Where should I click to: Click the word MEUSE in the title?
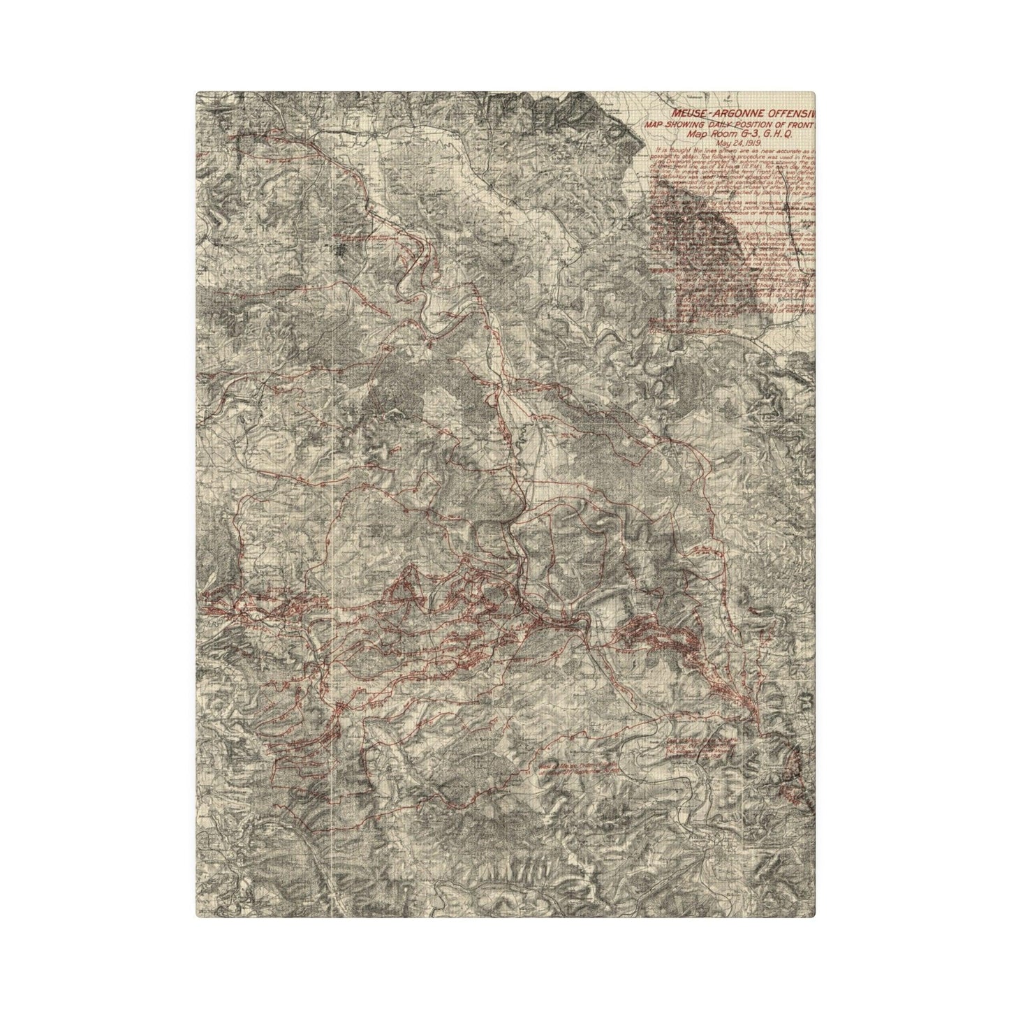688,112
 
